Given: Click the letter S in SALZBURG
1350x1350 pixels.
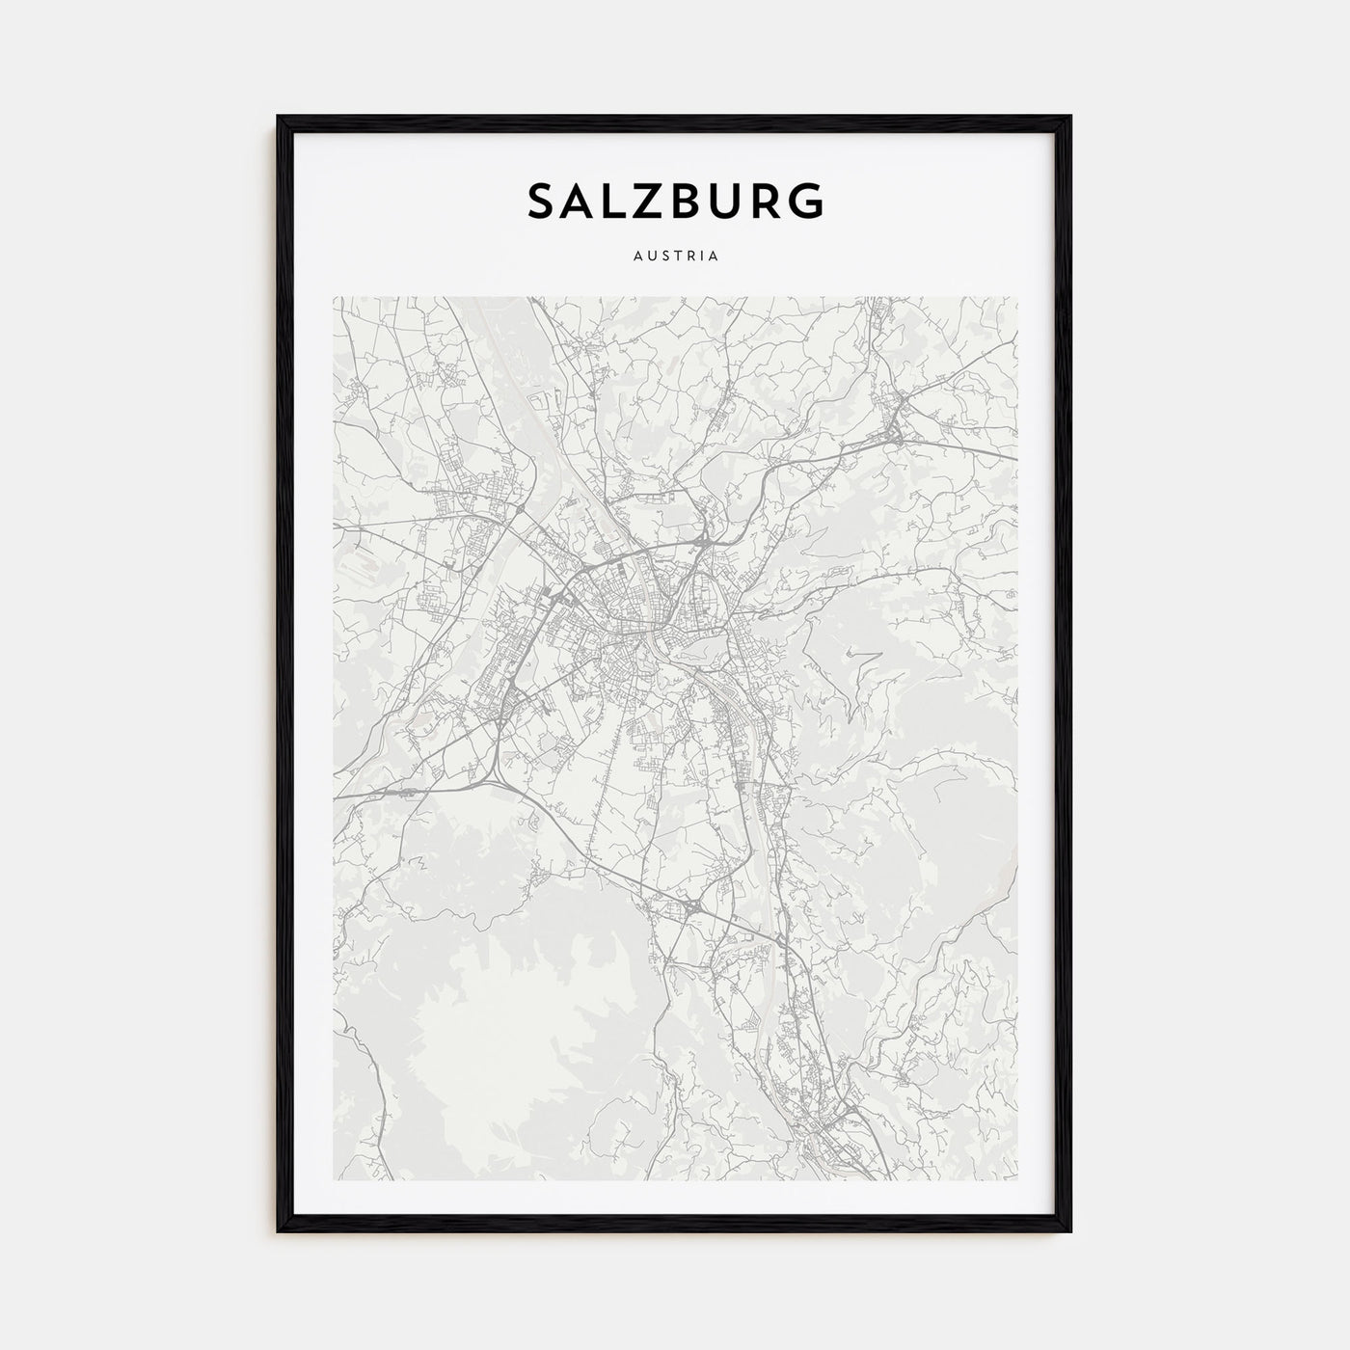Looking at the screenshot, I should pyautogui.click(x=542, y=201).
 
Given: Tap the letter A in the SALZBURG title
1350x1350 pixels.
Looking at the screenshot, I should pyautogui.click(x=580, y=201).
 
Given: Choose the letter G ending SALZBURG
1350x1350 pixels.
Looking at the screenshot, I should pyautogui.click(x=806, y=201).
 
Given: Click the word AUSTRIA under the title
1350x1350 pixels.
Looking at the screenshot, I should pyautogui.click(x=675, y=256).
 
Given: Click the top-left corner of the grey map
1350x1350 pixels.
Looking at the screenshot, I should pyautogui.click(x=334, y=297).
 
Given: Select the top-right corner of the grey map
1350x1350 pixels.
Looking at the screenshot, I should pyautogui.click(x=1017, y=297).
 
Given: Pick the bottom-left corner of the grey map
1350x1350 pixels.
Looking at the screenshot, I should pyautogui.click(x=334, y=1180).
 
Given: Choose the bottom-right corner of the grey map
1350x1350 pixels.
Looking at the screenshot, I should pyautogui.click(x=1017, y=1180).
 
